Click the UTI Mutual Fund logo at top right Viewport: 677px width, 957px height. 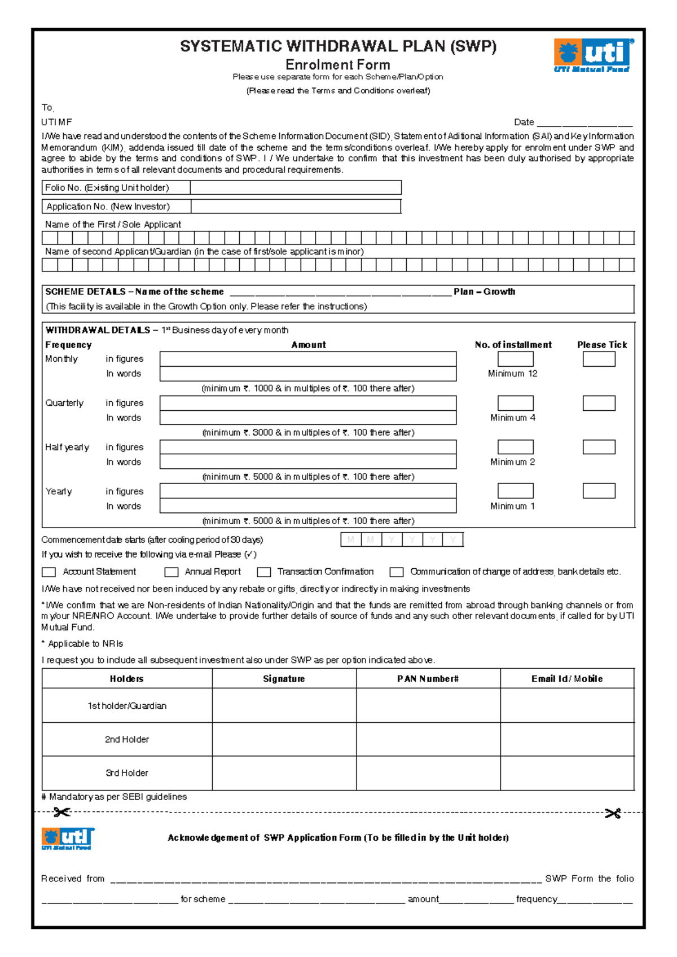[593, 55]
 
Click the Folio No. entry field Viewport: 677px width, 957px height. [296, 187]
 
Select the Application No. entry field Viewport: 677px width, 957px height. [296, 207]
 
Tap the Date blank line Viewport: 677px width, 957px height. [584, 122]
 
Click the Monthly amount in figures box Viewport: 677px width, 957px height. [307, 359]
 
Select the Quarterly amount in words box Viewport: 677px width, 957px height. [307, 418]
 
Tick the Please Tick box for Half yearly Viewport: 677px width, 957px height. [599, 447]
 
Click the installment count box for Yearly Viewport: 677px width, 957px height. [515, 490]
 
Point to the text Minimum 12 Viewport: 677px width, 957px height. [512, 374]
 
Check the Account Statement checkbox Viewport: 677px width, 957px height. [49, 572]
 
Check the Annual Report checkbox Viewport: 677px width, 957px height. [172, 572]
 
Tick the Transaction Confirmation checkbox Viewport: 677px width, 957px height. [264, 572]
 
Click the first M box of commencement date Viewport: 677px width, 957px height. [351, 540]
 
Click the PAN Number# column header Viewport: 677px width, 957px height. [428, 679]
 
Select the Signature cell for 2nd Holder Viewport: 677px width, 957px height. [284, 739]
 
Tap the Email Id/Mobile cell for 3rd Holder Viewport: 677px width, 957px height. [567, 773]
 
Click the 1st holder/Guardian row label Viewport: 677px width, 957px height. [127, 706]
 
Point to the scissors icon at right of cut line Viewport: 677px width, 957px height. [612, 813]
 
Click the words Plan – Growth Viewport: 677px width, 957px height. [484, 292]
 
